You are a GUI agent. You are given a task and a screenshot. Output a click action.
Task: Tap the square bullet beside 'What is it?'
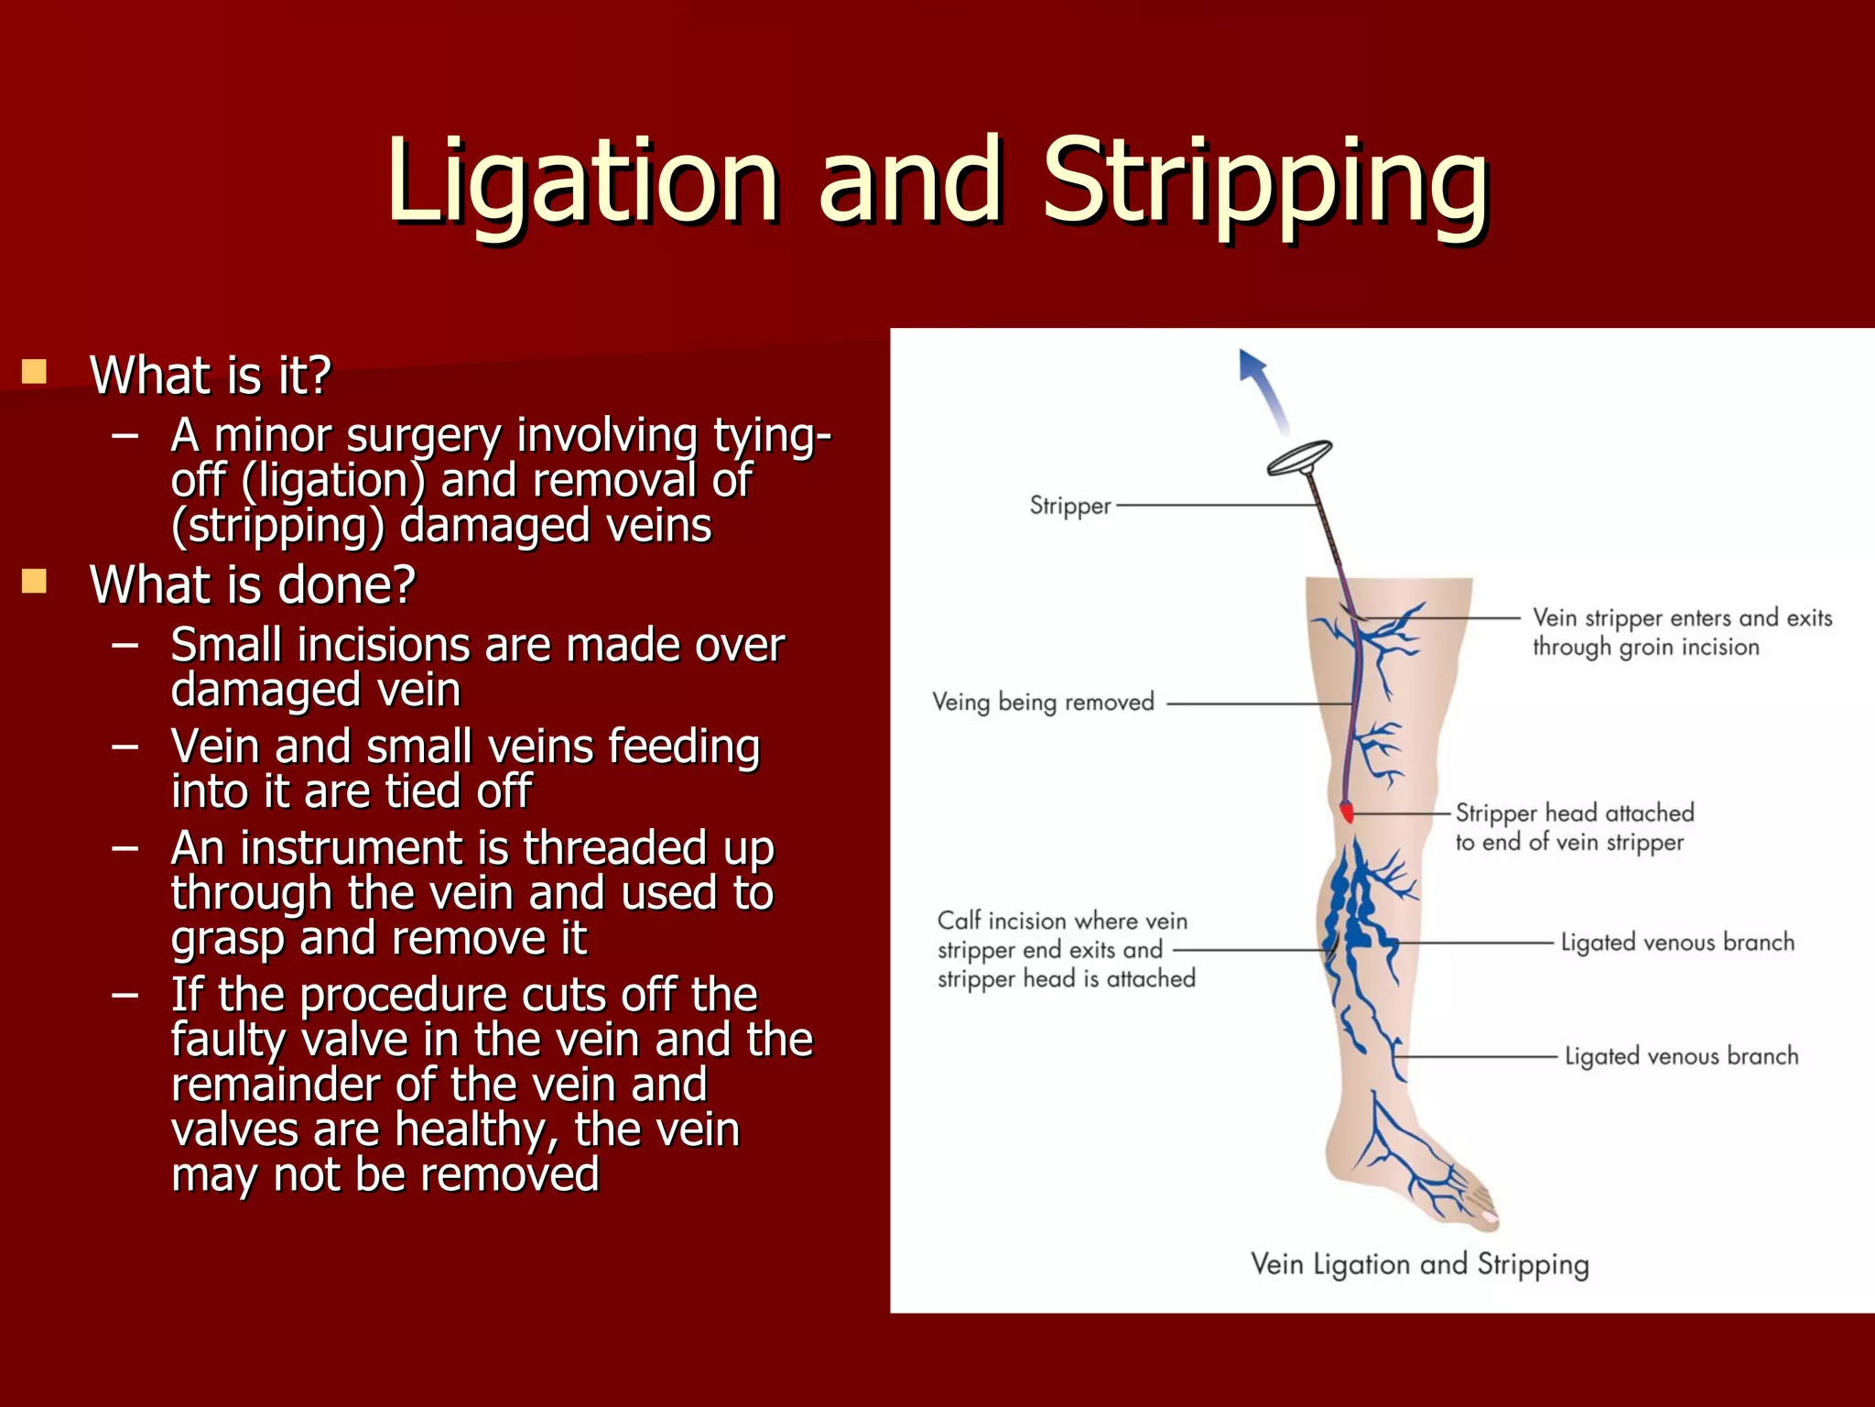pos(34,371)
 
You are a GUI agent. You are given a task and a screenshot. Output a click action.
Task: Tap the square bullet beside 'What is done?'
pos(34,581)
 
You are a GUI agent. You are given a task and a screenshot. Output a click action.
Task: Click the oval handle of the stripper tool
pos(1299,457)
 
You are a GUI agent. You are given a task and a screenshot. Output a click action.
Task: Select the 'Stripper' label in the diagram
pos(1069,506)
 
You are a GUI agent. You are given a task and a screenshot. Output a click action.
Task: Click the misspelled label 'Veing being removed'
pos(1043,703)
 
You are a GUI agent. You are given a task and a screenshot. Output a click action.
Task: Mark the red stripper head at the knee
pos(1346,812)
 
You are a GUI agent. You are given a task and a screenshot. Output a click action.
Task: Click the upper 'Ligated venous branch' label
pos(1677,943)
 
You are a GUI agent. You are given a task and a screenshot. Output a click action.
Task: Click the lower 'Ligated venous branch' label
pos(1681,1056)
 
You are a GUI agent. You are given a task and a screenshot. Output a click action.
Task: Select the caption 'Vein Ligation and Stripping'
pos(1419,1264)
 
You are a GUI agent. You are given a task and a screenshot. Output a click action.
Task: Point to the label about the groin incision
pos(1681,632)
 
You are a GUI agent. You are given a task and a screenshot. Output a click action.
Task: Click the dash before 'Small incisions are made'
pos(125,645)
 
